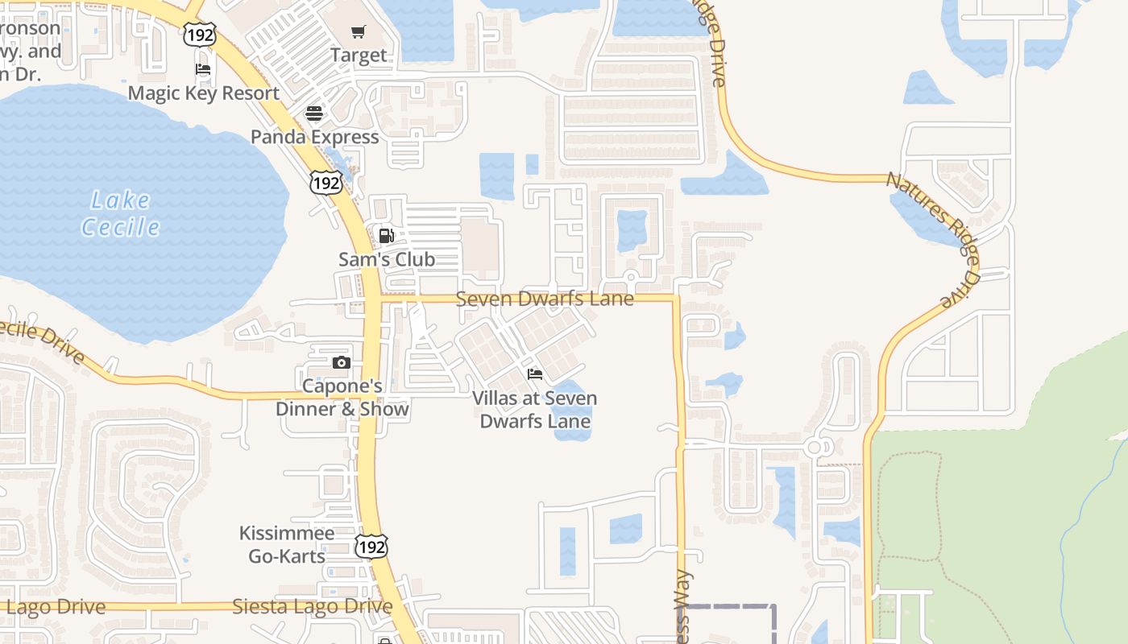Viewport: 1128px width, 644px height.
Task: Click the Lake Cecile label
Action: pyautogui.click(x=121, y=213)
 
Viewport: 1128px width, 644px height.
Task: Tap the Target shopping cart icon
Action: pyautogui.click(x=359, y=32)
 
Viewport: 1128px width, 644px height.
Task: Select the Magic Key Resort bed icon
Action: pyautogui.click(x=203, y=69)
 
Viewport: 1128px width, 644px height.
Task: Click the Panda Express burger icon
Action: pyautogui.click(x=314, y=113)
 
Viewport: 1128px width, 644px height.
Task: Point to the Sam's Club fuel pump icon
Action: pyautogui.click(x=387, y=236)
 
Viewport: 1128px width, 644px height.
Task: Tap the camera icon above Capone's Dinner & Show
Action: pyautogui.click(x=342, y=362)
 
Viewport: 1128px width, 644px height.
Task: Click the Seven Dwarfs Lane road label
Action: pyautogui.click(x=545, y=299)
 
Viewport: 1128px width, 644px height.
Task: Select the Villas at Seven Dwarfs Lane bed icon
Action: pyautogui.click(x=535, y=374)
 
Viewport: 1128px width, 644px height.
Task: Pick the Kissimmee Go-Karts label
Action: pyautogui.click(x=287, y=544)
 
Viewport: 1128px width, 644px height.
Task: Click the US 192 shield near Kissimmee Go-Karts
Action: pyautogui.click(x=371, y=547)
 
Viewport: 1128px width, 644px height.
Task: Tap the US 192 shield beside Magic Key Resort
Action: pyautogui.click(x=199, y=35)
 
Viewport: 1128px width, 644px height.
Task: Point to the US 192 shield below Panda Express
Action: pyautogui.click(x=326, y=183)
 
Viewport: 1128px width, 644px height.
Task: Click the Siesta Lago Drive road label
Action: pyautogui.click(x=313, y=606)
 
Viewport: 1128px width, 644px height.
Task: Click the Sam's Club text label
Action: pyautogui.click(x=387, y=259)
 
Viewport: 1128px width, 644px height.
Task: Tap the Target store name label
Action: pyautogui.click(x=359, y=56)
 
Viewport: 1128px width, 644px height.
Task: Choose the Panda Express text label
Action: pyautogui.click(x=314, y=137)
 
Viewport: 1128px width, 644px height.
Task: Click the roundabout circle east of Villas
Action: pyautogui.click(x=815, y=447)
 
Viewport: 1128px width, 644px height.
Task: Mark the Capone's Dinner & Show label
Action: pyautogui.click(x=342, y=398)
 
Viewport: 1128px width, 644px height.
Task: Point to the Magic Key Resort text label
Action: pyautogui.click(x=204, y=93)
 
